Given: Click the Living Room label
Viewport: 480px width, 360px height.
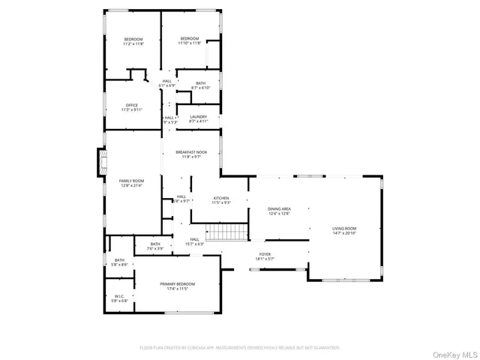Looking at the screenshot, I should point(345,230).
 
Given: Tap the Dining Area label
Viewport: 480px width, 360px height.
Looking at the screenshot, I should point(279,211).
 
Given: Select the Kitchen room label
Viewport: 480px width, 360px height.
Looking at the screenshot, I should point(220,200).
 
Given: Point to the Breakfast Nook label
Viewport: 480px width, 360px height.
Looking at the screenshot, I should point(191,154).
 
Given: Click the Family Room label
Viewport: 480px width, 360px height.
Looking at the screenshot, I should point(131,183).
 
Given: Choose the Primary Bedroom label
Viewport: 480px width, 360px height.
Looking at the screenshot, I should point(177,286).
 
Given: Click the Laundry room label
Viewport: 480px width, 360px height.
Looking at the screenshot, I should point(199,119).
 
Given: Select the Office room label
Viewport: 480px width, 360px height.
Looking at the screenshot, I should point(132,107).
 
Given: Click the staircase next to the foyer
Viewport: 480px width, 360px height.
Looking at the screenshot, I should point(226,232).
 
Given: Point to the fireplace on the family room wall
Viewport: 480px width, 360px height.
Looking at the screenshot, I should point(100,163).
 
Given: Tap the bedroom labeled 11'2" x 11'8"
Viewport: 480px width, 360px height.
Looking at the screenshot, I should point(133,41).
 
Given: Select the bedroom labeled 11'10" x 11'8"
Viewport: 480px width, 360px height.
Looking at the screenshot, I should point(189,41).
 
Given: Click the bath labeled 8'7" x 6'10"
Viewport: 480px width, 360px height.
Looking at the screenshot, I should point(200,85).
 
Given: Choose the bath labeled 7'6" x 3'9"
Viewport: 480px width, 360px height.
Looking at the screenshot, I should point(154,246).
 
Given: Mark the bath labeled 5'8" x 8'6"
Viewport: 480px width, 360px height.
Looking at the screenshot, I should point(119,262).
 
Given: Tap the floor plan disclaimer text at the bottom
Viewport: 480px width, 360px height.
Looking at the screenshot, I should point(240,347).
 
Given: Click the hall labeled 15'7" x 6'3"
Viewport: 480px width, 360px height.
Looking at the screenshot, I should point(194,241).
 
